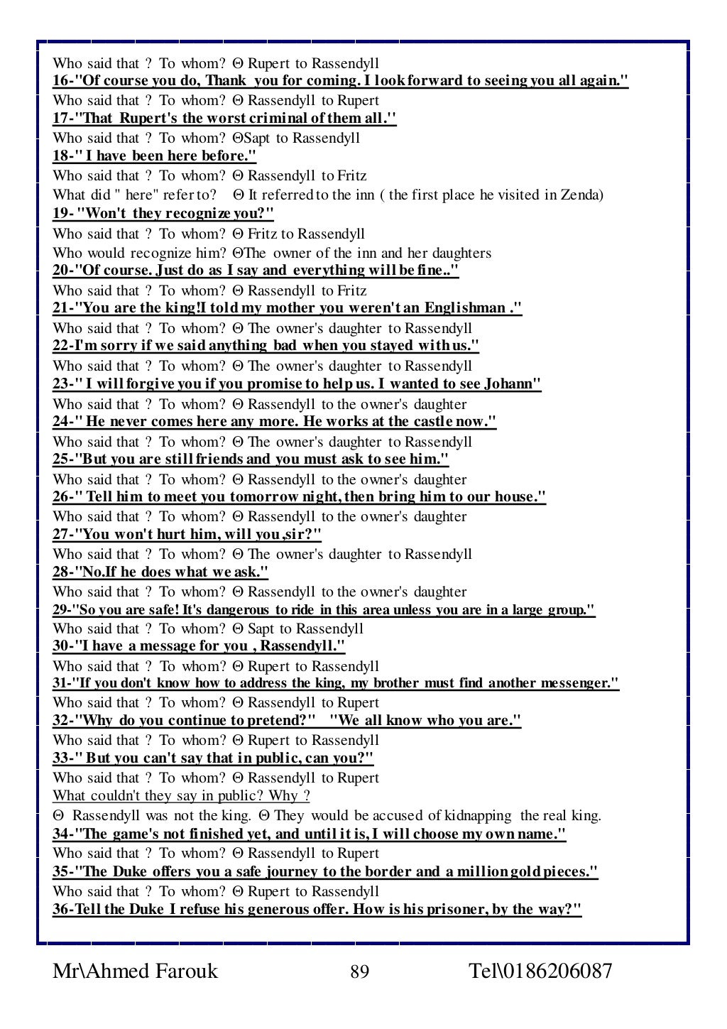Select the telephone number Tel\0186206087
pyautogui.click(x=540, y=971)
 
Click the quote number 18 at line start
pyautogui.click(x=61, y=156)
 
